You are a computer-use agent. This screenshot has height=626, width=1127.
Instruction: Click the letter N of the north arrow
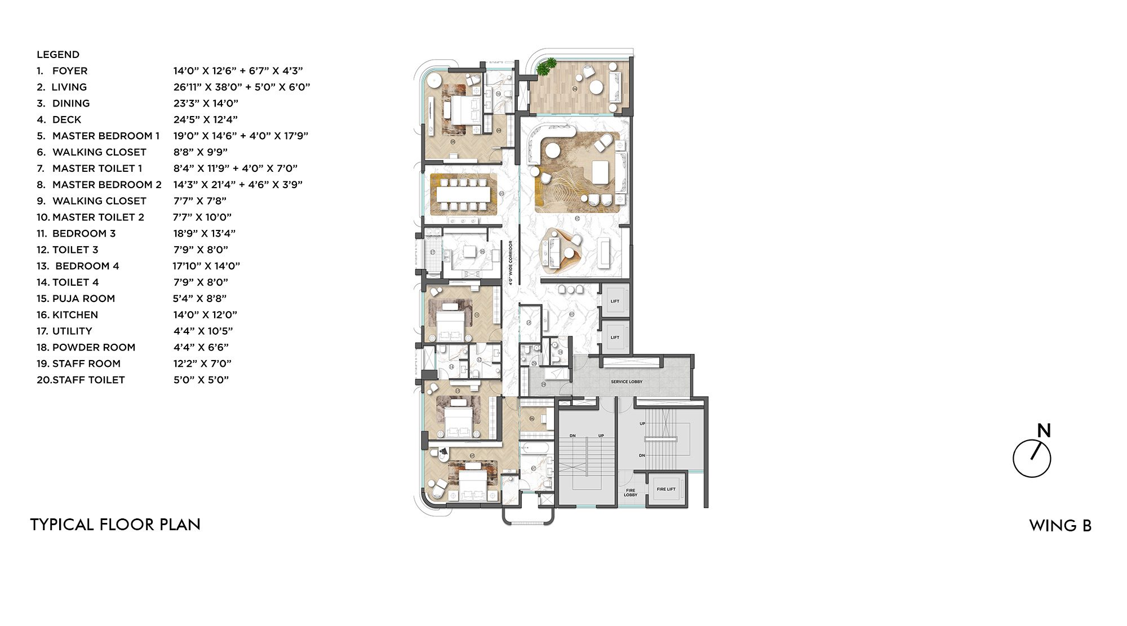(1044, 431)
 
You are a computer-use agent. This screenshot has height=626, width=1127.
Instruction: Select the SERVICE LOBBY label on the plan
(626, 382)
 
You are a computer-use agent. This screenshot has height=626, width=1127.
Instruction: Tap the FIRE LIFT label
(665, 489)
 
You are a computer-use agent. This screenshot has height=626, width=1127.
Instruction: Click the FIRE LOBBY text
(631, 492)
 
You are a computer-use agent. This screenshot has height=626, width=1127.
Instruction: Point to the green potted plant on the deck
(545, 68)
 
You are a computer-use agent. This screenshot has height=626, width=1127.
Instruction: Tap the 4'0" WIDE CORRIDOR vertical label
(511, 263)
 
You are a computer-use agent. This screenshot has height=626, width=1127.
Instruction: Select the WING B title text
(1060, 526)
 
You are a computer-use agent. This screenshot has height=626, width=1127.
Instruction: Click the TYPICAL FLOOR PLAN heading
(115, 525)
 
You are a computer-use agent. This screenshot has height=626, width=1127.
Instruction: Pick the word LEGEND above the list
(58, 55)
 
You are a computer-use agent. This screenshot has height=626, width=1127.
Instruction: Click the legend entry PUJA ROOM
(83, 299)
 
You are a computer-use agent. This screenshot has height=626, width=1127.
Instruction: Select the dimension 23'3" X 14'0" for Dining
(206, 103)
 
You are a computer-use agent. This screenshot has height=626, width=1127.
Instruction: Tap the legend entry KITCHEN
(75, 315)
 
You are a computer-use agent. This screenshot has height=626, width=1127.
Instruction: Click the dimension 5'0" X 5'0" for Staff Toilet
(201, 380)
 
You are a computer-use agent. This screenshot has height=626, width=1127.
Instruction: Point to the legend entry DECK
(66, 119)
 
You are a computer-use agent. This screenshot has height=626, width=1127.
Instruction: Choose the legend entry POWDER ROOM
(94, 348)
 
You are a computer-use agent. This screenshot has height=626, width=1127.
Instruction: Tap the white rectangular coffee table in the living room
(601, 172)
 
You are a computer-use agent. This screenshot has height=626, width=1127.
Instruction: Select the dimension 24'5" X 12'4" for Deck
(205, 119)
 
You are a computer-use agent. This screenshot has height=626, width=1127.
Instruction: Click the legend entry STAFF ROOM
(86, 364)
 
